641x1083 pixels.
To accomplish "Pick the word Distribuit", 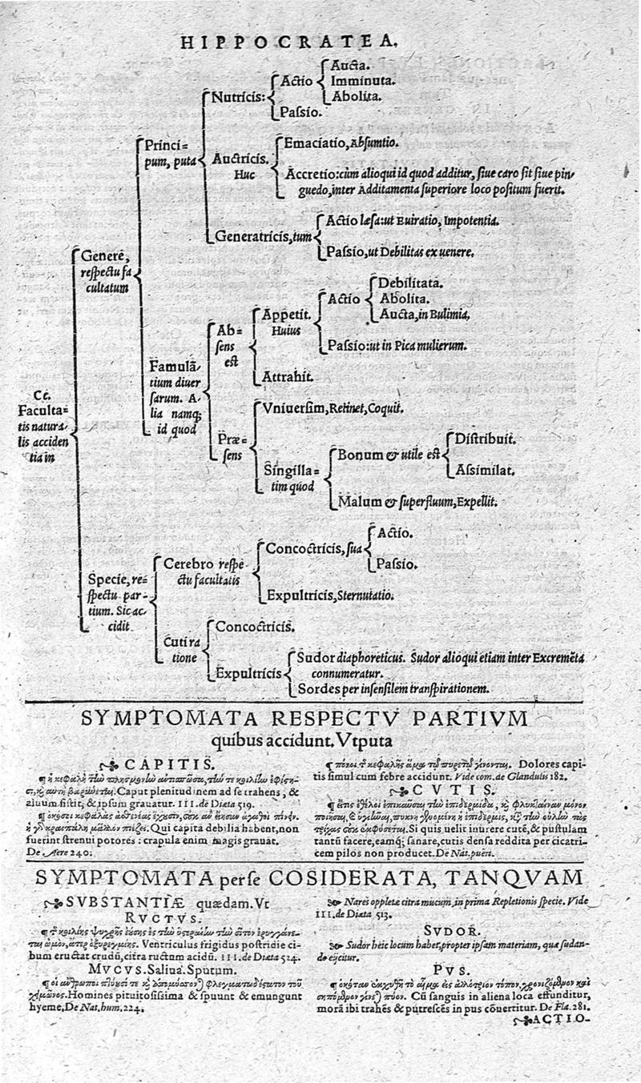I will click(485, 439).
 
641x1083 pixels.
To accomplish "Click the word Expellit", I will click(478, 502).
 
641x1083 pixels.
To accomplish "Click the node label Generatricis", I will click(252, 235).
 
